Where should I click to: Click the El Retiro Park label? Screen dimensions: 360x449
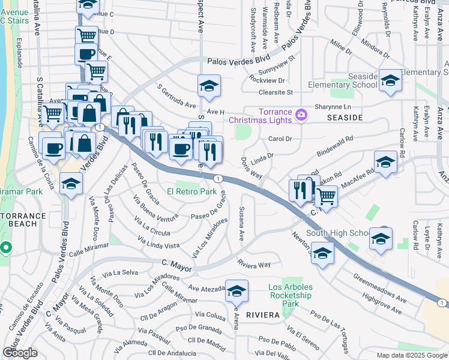click(x=191, y=192)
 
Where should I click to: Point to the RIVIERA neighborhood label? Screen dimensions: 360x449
click(x=264, y=314)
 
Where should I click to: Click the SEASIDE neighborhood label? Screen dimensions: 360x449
click(x=345, y=118)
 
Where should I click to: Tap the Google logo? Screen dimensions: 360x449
click(x=19, y=352)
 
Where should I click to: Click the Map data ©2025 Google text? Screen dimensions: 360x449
click(x=411, y=355)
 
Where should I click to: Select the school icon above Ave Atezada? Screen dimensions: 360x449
click(x=237, y=292)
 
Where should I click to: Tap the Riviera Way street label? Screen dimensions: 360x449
click(x=254, y=264)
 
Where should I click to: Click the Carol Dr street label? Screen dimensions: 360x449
click(x=279, y=139)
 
